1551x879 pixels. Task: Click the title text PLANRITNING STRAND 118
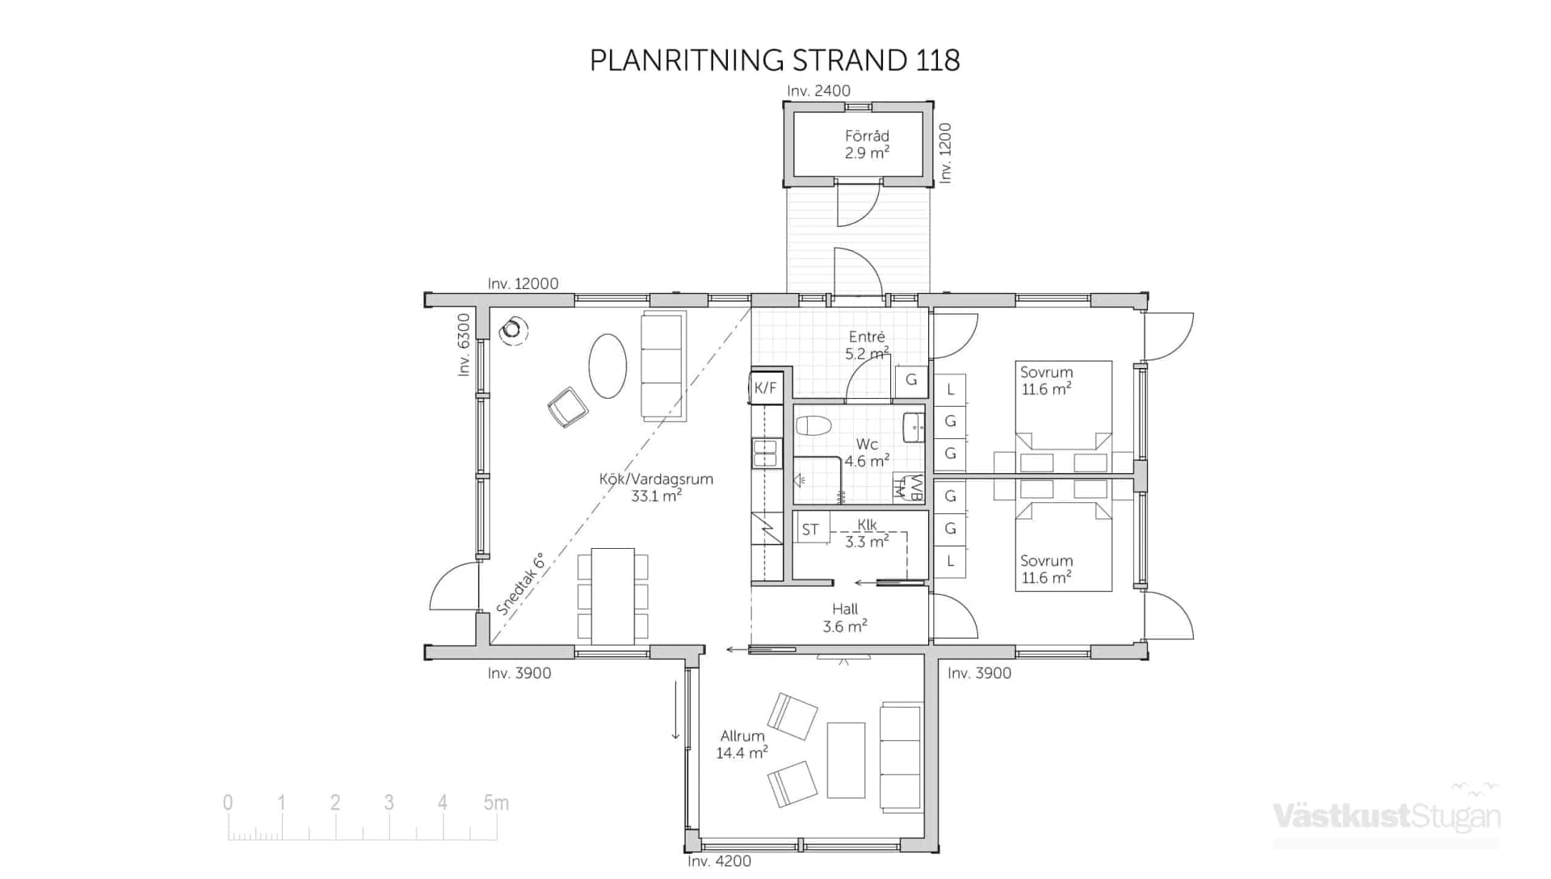point(775,61)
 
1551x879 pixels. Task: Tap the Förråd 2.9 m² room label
point(867,144)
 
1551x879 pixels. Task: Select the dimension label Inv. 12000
point(523,283)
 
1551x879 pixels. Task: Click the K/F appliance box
point(765,388)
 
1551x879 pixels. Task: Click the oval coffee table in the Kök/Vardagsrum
point(607,366)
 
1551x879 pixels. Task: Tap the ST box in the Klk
point(810,529)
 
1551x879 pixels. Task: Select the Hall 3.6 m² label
point(845,617)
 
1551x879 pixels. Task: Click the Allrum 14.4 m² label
point(742,744)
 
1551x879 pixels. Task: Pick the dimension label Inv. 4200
point(719,861)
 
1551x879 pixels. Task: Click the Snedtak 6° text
point(520,584)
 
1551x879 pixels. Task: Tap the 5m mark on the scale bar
point(496,803)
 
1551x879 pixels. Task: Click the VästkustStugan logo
point(1386,815)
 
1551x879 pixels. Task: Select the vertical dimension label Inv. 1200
point(945,153)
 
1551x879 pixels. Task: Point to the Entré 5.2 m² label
point(867,345)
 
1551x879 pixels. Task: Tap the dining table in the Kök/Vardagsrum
point(612,596)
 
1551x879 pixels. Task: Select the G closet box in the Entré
point(911,380)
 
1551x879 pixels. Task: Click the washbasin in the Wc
point(914,427)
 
